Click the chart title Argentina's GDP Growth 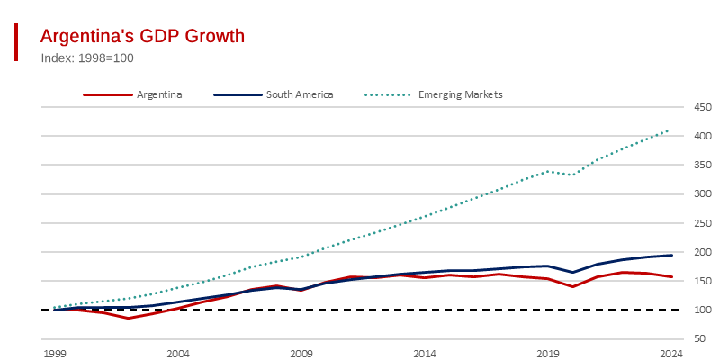[x=143, y=36]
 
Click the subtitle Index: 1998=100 [x=87, y=58]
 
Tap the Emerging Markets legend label [x=460, y=94]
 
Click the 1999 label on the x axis [x=55, y=353]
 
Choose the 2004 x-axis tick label [x=178, y=353]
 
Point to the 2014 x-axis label [x=425, y=353]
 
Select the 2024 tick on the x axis [x=670, y=353]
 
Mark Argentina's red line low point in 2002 [x=129, y=318]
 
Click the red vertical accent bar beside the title [x=16, y=42]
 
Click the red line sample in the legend [x=108, y=94]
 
